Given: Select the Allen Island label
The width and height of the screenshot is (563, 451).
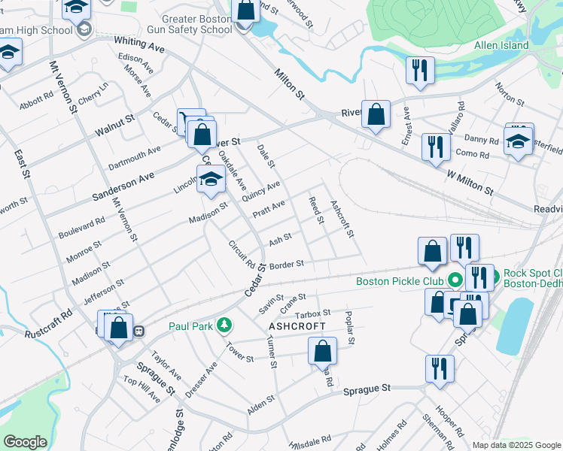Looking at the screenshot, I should point(501,45).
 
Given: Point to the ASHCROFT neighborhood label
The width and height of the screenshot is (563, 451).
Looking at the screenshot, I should point(297,326).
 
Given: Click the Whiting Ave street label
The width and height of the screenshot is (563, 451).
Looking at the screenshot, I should point(139,47).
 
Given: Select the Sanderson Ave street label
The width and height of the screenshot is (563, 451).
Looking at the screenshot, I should point(123,184).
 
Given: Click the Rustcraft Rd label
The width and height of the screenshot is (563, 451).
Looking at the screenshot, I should point(49,321).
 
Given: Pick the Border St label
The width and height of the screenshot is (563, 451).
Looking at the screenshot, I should point(286,264).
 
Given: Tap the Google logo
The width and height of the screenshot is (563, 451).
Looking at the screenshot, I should point(26,441).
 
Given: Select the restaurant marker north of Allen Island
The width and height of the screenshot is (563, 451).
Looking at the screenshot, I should point(418,71).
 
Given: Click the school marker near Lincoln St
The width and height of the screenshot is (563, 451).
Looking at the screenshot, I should point(211,180).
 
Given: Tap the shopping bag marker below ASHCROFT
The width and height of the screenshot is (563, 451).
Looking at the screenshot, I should point(322,351).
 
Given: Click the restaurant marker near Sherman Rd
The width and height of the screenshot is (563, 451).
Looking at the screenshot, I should point(439,369).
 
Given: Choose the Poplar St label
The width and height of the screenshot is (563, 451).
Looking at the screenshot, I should point(349,328).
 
